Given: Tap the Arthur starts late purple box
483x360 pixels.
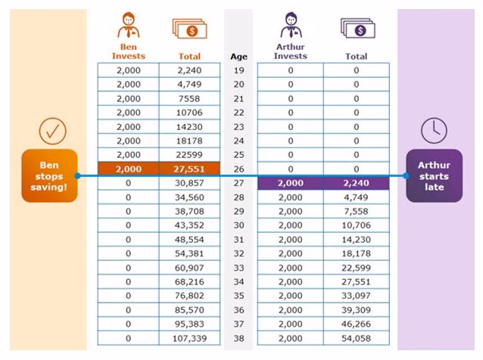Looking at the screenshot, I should pos(434,176).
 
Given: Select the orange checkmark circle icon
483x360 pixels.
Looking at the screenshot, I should pos(52,131).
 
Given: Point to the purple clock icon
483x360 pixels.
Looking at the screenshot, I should pos(434,131).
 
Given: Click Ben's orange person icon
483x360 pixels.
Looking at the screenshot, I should pos(127,26).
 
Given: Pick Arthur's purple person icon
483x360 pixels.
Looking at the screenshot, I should pos(290,26).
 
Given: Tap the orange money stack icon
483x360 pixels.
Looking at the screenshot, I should pos(189,28).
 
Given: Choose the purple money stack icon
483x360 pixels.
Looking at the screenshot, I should pos(356,28).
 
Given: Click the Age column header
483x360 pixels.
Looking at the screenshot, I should pos(238,57).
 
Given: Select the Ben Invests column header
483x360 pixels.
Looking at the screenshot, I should pos(127,51).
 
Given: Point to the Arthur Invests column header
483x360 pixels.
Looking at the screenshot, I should pos(290,51).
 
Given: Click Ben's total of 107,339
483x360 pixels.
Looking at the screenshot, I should pos(189,339).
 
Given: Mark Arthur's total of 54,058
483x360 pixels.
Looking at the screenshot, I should pos(356,339).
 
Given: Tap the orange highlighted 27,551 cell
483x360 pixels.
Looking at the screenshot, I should pos(189,169).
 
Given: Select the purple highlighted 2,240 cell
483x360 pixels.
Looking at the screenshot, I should pos(356,183).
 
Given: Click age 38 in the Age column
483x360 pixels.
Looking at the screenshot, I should pos(238,339).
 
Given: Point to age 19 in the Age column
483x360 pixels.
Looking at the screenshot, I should pos(238,70).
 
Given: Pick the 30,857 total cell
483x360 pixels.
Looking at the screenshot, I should pos(189,183).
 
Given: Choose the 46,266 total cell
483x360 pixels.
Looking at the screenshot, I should pos(356,324).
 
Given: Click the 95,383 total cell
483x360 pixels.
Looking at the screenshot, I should pos(189,324).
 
